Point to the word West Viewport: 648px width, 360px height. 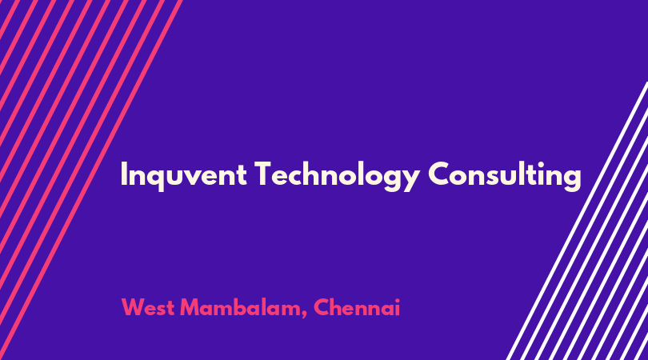point(147,307)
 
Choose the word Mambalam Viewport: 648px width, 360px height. point(242,308)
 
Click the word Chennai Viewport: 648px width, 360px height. point(357,307)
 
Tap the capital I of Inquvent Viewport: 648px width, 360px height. point(123,174)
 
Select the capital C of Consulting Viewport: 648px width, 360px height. point(439,174)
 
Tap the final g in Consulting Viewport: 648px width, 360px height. point(572,179)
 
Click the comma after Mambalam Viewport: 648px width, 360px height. point(304,315)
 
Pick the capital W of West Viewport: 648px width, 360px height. point(133,307)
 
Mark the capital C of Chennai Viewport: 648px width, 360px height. point(322,307)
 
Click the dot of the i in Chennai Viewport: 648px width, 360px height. point(397,301)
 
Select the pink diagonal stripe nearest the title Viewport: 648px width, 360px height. point(91,180)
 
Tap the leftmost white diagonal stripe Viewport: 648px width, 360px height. point(578,221)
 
